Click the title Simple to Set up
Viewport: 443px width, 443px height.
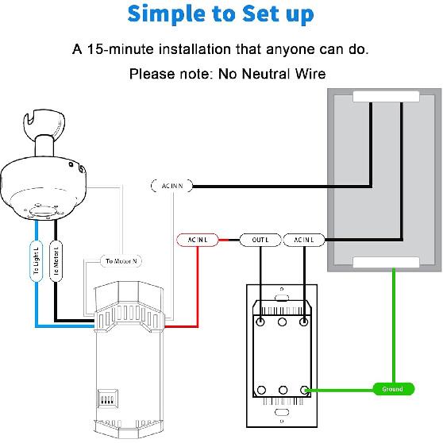221,14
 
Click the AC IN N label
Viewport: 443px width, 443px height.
171,186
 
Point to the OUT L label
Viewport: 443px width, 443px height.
260,239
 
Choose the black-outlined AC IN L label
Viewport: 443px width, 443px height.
303,239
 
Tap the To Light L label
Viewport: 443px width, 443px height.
36,260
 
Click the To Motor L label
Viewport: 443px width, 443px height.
56,260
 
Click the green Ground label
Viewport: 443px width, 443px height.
392,389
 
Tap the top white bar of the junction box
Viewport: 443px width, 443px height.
386,97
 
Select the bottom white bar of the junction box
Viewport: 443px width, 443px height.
386,263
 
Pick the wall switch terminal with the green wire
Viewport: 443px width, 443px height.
305,389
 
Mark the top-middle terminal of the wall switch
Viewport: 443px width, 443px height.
282,323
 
